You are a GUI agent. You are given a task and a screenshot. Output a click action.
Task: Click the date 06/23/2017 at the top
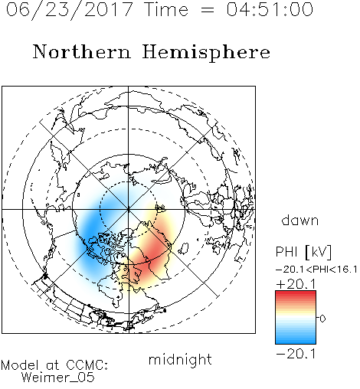tap(70, 10)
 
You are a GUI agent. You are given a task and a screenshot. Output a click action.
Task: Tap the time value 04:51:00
tap(270, 9)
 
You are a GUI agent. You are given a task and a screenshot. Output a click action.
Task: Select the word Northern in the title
tap(82, 51)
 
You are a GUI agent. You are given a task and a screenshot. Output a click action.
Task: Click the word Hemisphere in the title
tap(206, 53)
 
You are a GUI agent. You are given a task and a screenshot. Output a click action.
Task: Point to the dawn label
tap(300, 220)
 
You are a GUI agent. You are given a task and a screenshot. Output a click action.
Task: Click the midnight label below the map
tap(180, 360)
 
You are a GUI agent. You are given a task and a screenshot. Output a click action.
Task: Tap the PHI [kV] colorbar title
tap(303, 252)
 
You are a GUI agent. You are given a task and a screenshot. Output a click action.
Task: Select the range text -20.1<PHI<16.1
tap(316, 270)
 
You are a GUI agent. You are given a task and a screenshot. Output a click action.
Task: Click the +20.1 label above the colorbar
tap(296, 284)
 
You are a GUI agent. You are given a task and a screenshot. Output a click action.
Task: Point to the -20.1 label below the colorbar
tap(296, 354)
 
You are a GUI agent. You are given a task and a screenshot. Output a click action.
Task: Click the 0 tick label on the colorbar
tap(322, 319)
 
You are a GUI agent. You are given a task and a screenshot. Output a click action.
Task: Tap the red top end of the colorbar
tap(296, 293)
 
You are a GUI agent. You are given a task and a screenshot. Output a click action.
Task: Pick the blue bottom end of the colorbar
tap(296, 342)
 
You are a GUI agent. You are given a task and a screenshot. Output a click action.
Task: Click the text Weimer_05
tap(58, 378)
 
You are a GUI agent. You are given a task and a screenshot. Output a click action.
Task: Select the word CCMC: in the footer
tap(87, 365)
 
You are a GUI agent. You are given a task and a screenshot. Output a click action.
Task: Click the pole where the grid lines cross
tap(129, 209)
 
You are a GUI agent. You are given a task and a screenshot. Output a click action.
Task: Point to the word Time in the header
tap(166, 9)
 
